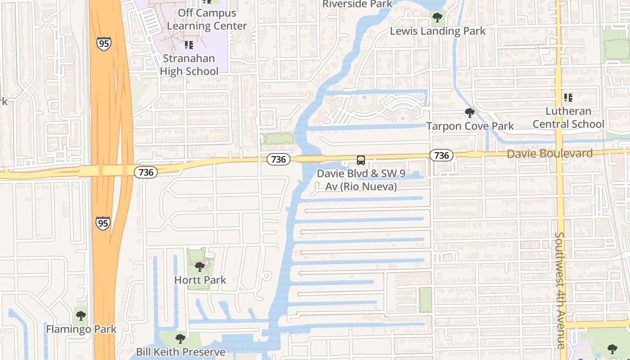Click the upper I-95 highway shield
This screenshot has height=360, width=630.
103,43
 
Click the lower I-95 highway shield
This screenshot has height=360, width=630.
103,223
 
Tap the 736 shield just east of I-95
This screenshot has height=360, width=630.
146,172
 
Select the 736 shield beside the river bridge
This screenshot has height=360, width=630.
279,159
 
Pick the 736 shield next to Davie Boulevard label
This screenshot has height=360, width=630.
441,155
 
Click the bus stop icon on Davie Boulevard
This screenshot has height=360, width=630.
361,160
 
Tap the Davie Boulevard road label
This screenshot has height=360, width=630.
549,154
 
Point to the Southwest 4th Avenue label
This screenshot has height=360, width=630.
560,290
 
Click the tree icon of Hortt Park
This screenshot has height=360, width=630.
200,267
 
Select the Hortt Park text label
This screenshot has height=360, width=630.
200,280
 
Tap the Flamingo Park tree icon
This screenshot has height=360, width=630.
81,316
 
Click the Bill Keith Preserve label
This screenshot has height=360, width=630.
180,351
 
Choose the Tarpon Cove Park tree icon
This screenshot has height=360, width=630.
470,112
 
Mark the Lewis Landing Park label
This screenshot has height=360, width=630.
437,31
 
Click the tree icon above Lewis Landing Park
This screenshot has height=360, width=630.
437,18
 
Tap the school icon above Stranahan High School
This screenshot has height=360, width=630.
189,45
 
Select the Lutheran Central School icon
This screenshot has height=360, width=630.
568,97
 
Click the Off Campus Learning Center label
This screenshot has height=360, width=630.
207,19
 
